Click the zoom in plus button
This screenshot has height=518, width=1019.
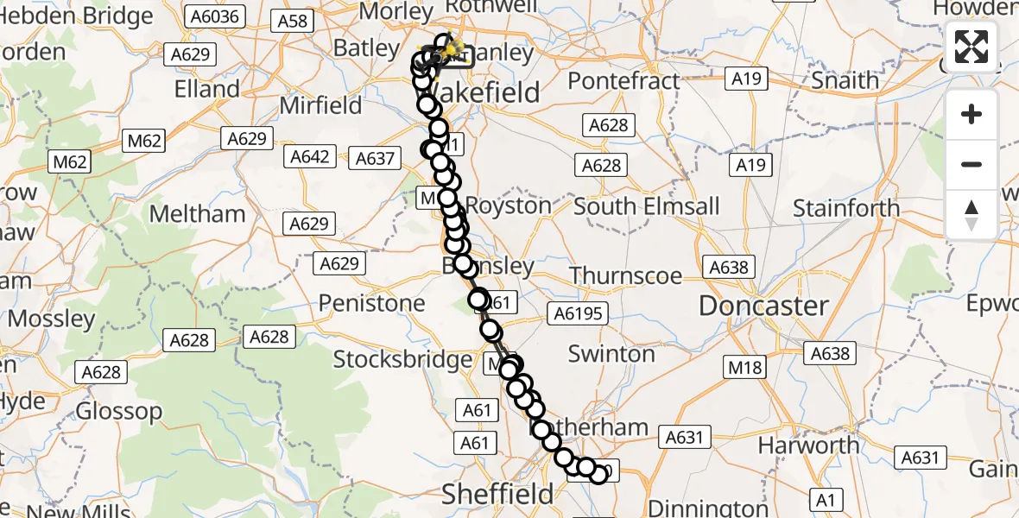972,114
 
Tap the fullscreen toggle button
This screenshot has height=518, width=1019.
972,47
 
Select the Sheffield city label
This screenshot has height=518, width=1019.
497,494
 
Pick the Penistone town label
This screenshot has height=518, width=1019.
372,303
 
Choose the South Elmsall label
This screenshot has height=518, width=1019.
646,207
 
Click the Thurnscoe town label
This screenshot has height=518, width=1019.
626,275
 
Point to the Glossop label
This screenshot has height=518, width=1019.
119,411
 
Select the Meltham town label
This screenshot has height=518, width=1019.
198,213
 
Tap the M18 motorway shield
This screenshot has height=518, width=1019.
745,367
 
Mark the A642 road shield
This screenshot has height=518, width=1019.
309,156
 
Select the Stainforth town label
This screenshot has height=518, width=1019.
846,208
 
